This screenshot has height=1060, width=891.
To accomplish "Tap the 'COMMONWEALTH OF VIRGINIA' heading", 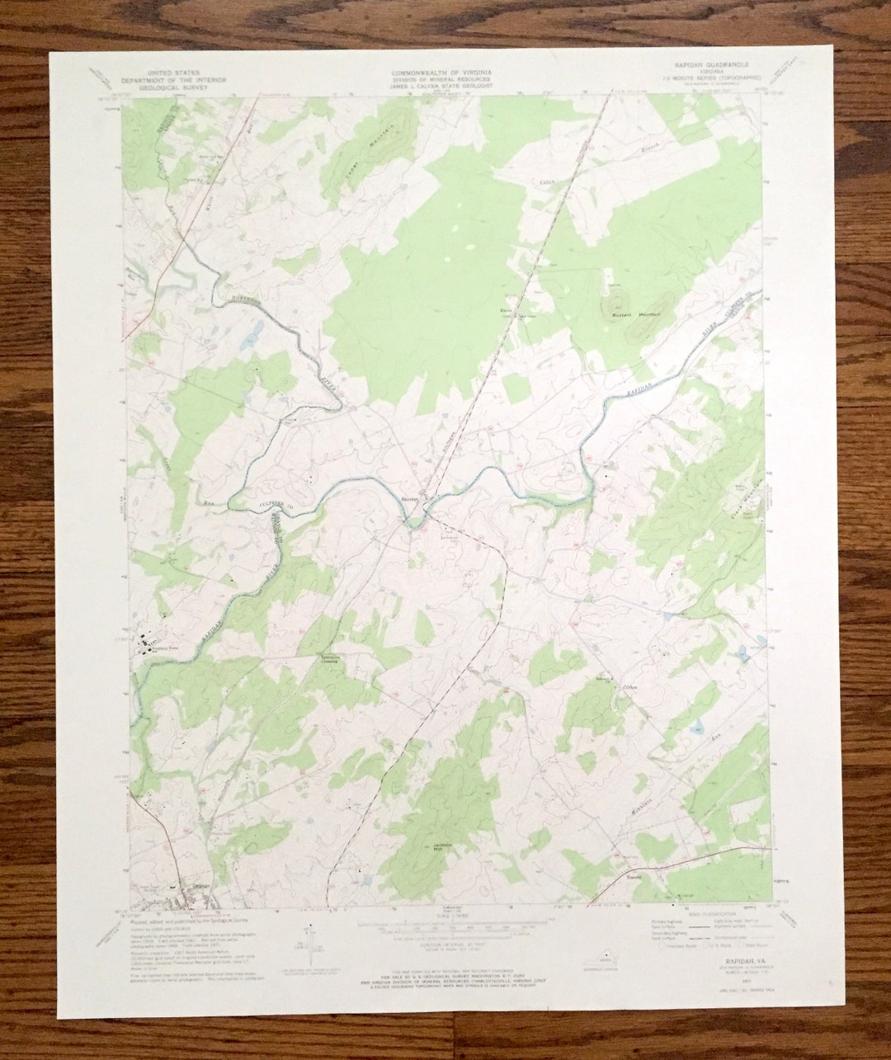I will [441, 73].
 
